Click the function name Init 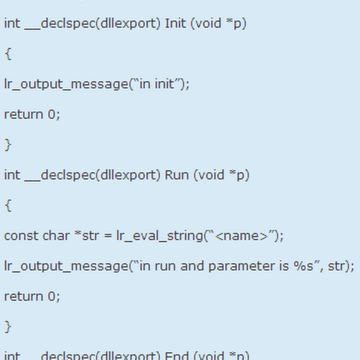[175, 23]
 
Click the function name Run [177, 175]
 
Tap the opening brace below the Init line [8, 54]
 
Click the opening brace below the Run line [8, 206]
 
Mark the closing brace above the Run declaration [8, 145]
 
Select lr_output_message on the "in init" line [66, 84]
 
